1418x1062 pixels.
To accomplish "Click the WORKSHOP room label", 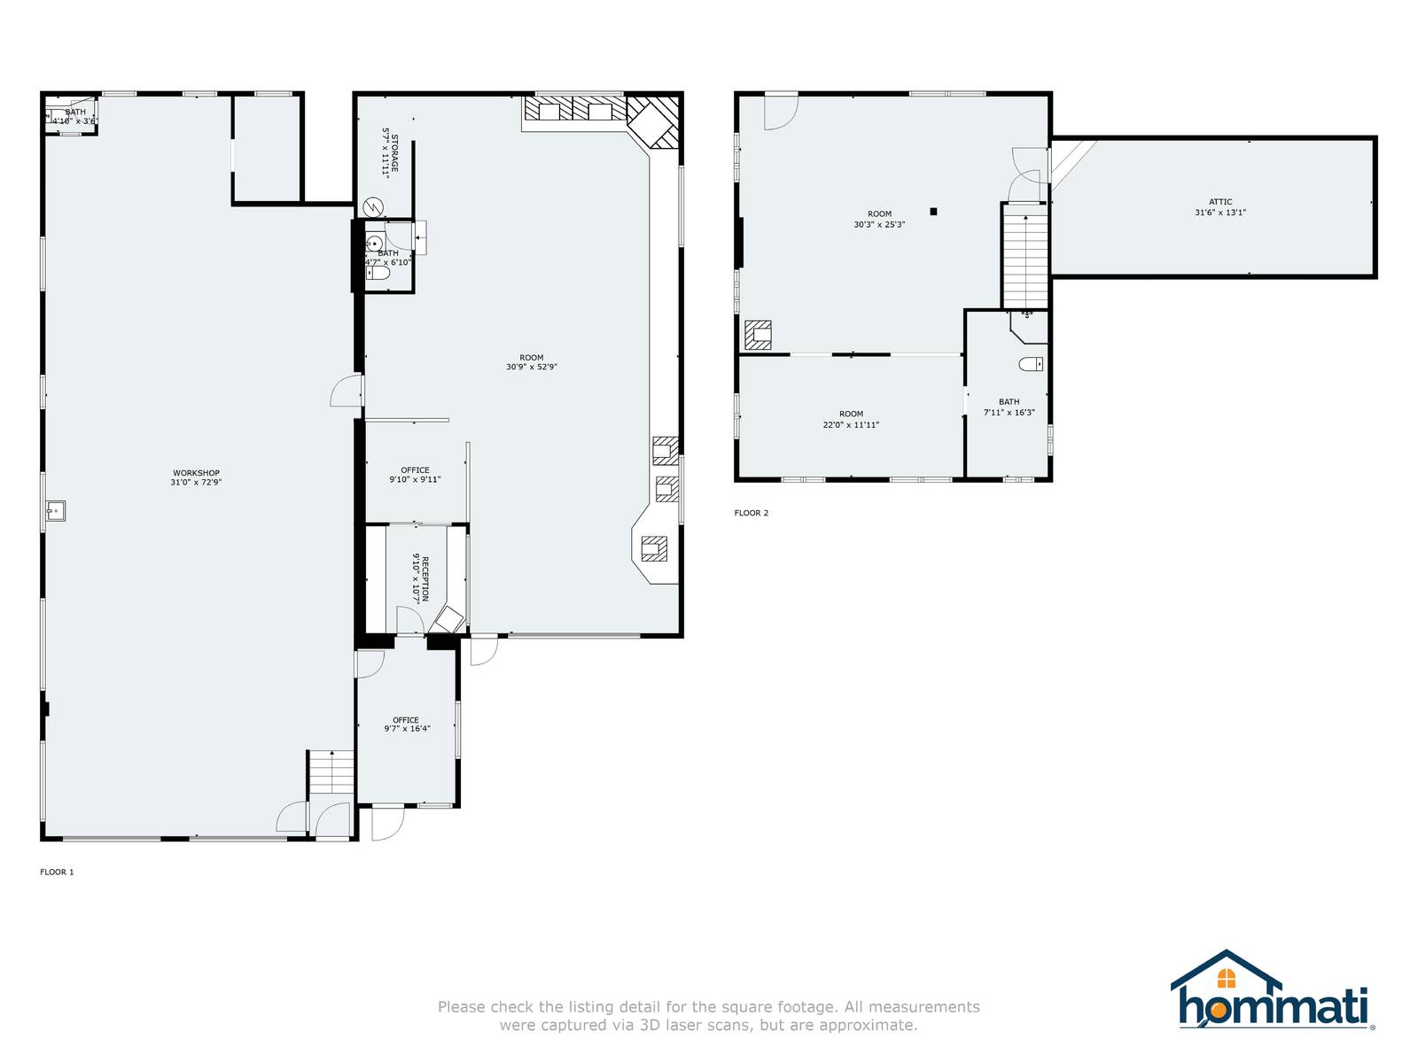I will (x=196, y=473).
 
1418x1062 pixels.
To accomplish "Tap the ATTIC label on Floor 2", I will (x=1220, y=202).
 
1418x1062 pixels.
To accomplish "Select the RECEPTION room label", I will (x=425, y=578).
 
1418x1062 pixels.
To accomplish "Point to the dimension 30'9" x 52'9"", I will (x=532, y=367).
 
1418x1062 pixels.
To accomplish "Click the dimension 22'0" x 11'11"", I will (x=851, y=425).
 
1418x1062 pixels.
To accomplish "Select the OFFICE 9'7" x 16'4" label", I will (x=407, y=725).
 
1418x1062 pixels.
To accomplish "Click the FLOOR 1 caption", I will (x=57, y=872).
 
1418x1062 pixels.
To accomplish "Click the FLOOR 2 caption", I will (x=752, y=513).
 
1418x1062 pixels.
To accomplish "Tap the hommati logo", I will (x=1272, y=992).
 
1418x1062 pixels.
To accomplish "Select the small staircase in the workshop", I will (x=331, y=772).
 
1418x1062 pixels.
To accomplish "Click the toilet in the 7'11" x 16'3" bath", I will (x=1031, y=364).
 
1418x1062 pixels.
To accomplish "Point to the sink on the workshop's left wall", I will (x=56, y=511).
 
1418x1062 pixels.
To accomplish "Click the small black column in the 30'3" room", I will (x=933, y=211).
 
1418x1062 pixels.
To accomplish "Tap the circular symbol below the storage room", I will (x=374, y=207).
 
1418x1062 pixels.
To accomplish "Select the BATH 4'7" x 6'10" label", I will (x=388, y=258).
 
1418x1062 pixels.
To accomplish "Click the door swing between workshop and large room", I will (x=346, y=391).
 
